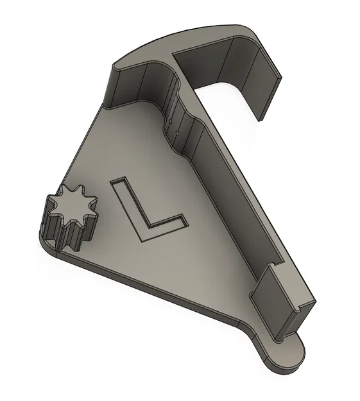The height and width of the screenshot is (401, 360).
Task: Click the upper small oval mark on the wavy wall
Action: coord(171,121)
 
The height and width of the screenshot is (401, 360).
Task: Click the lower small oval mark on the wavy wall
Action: coord(177,133)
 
